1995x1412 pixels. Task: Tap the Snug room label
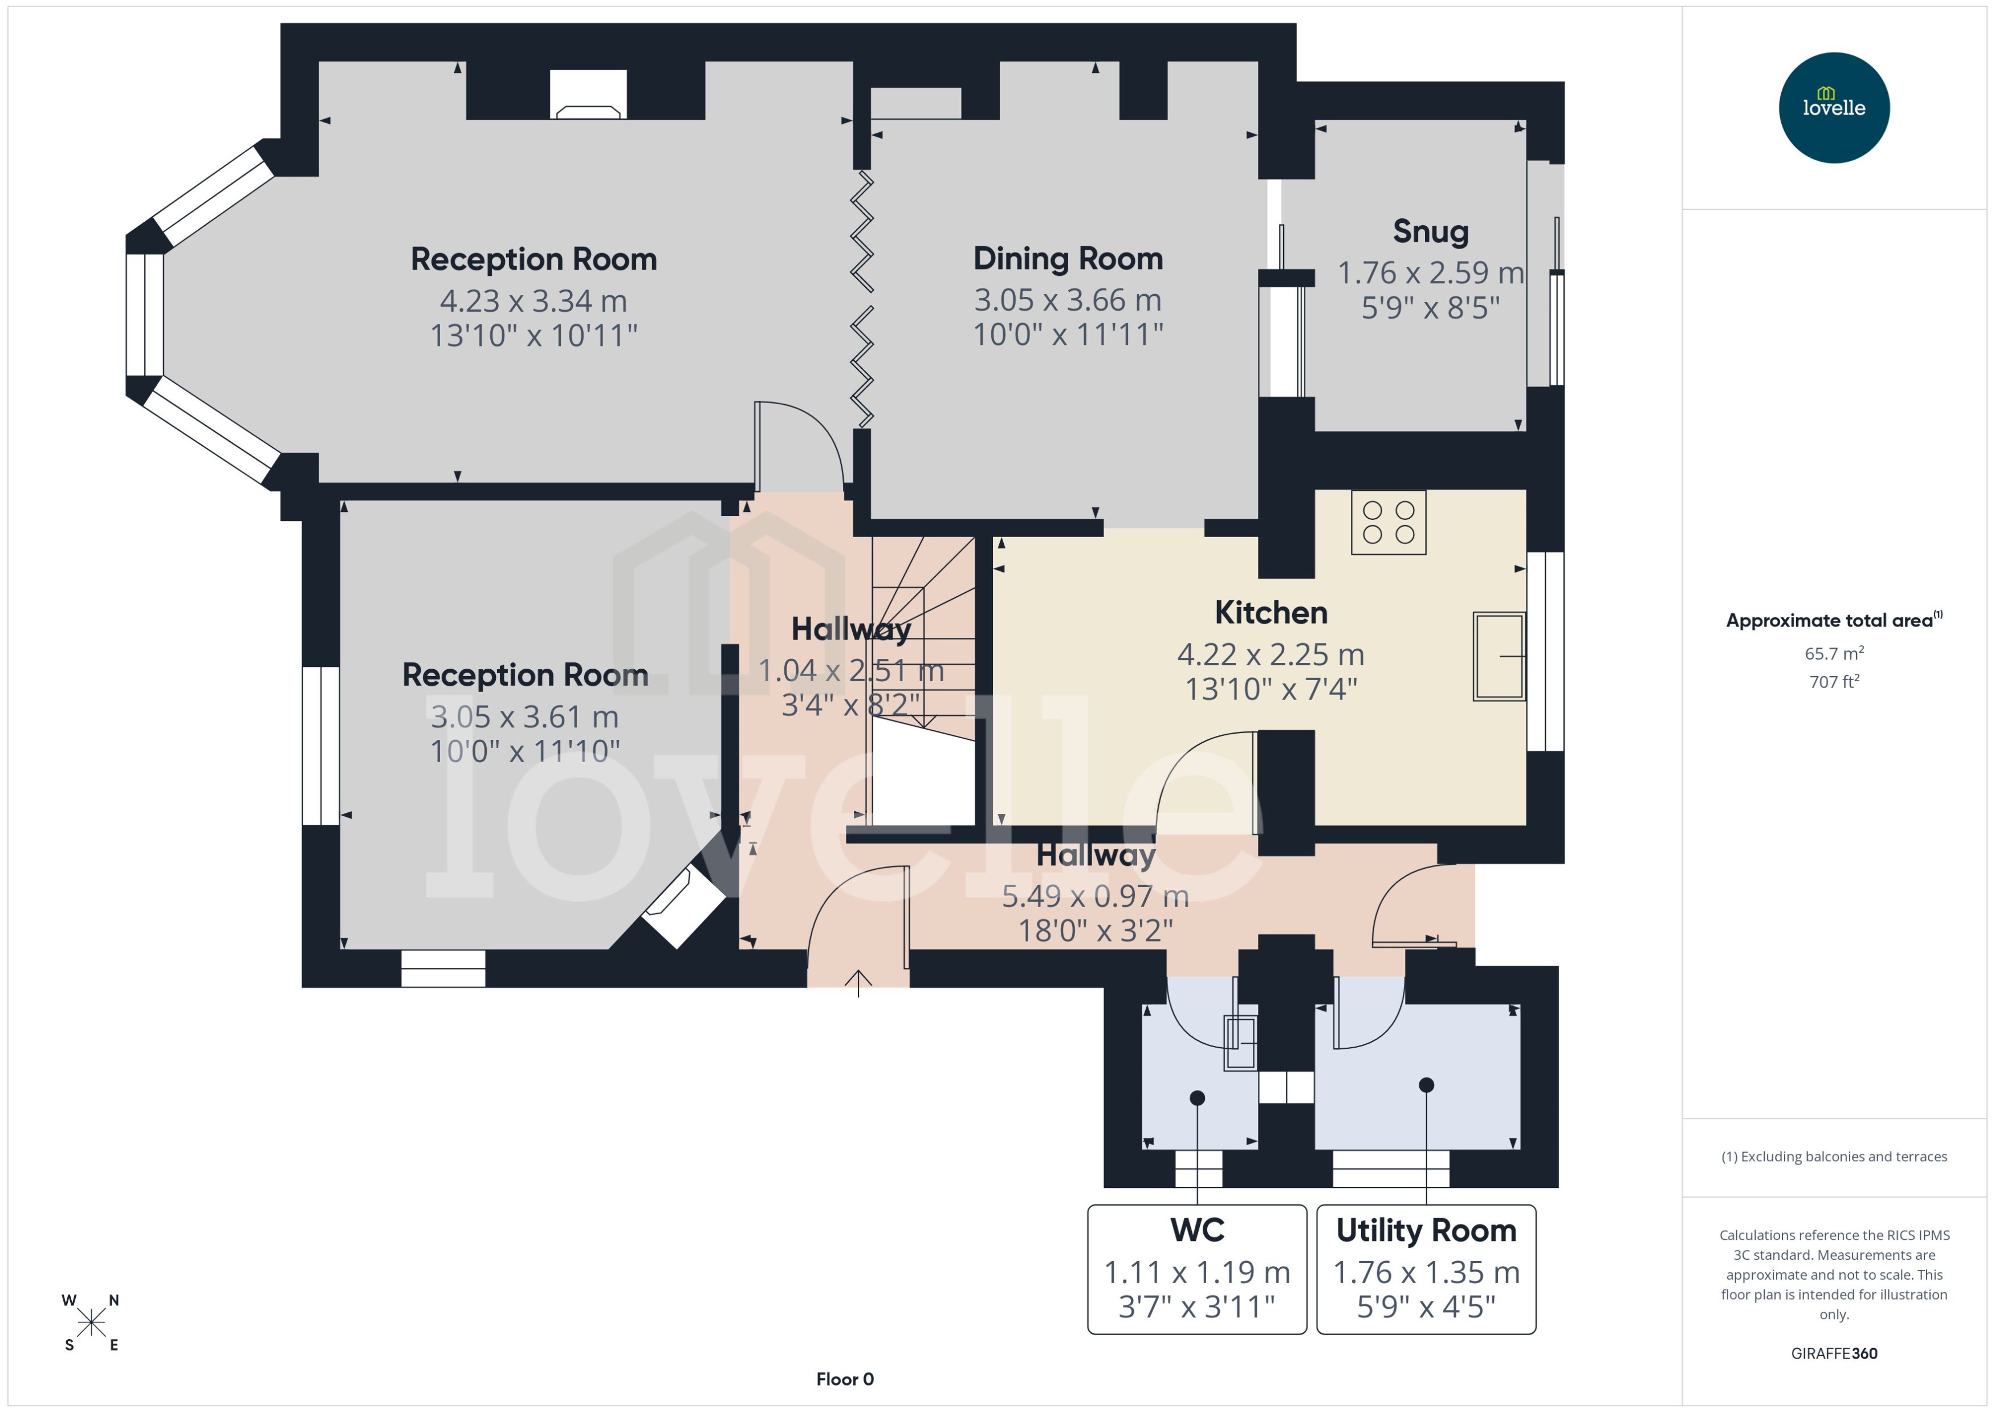(x=1430, y=231)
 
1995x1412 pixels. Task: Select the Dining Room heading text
(x=1068, y=258)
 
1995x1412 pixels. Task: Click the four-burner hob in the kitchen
(x=1389, y=523)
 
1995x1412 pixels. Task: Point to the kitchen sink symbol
(x=1499, y=657)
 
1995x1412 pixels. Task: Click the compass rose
(x=91, y=1323)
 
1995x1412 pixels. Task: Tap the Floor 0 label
(x=844, y=1379)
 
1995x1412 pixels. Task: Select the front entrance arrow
(x=858, y=983)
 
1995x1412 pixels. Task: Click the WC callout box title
(x=1197, y=1230)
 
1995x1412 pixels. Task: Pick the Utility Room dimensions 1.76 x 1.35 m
(x=1426, y=1272)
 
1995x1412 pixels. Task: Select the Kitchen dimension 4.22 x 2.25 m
(x=1270, y=654)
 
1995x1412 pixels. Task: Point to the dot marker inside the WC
(x=1197, y=1098)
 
